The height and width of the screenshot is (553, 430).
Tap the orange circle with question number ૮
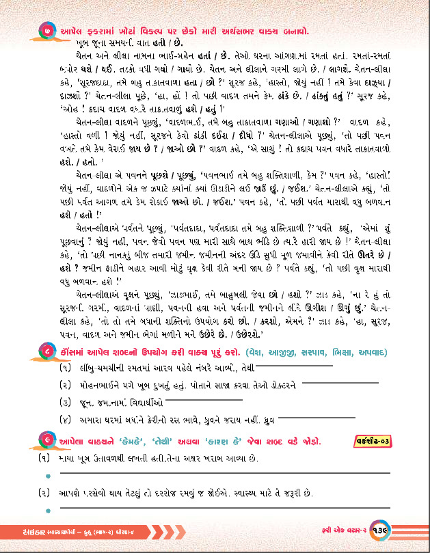coord(45,352)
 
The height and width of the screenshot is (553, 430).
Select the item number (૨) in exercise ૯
coord(46,491)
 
